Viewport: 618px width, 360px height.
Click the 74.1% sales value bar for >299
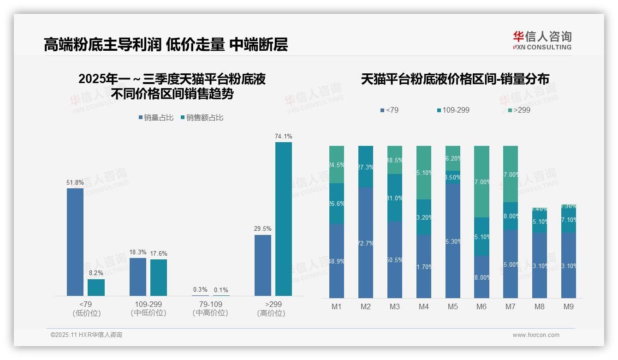[x=284, y=219]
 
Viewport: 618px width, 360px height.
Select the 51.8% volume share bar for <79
[x=75, y=242]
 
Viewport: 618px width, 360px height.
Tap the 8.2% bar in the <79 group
[x=96, y=287]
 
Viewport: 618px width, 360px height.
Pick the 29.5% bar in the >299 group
[x=263, y=265]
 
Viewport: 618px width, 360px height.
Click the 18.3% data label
[x=138, y=252]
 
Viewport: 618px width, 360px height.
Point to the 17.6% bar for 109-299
[x=159, y=277]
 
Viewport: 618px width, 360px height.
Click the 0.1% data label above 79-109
[x=221, y=290]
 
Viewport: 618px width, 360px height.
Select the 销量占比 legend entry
[x=156, y=118]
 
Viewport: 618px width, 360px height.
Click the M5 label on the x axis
[x=452, y=307]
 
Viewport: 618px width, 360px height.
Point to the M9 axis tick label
[x=568, y=307]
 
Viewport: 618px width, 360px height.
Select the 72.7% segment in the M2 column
[x=366, y=242]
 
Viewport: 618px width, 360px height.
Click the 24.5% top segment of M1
[x=337, y=164]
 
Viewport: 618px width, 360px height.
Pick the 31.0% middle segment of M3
[x=395, y=198]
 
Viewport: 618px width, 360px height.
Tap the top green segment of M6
[x=481, y=181]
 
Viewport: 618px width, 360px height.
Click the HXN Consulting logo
[x=542, y=41]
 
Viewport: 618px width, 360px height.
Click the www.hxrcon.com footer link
[x=536, y=335]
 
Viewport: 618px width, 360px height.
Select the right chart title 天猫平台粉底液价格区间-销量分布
[x=455, y=79]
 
